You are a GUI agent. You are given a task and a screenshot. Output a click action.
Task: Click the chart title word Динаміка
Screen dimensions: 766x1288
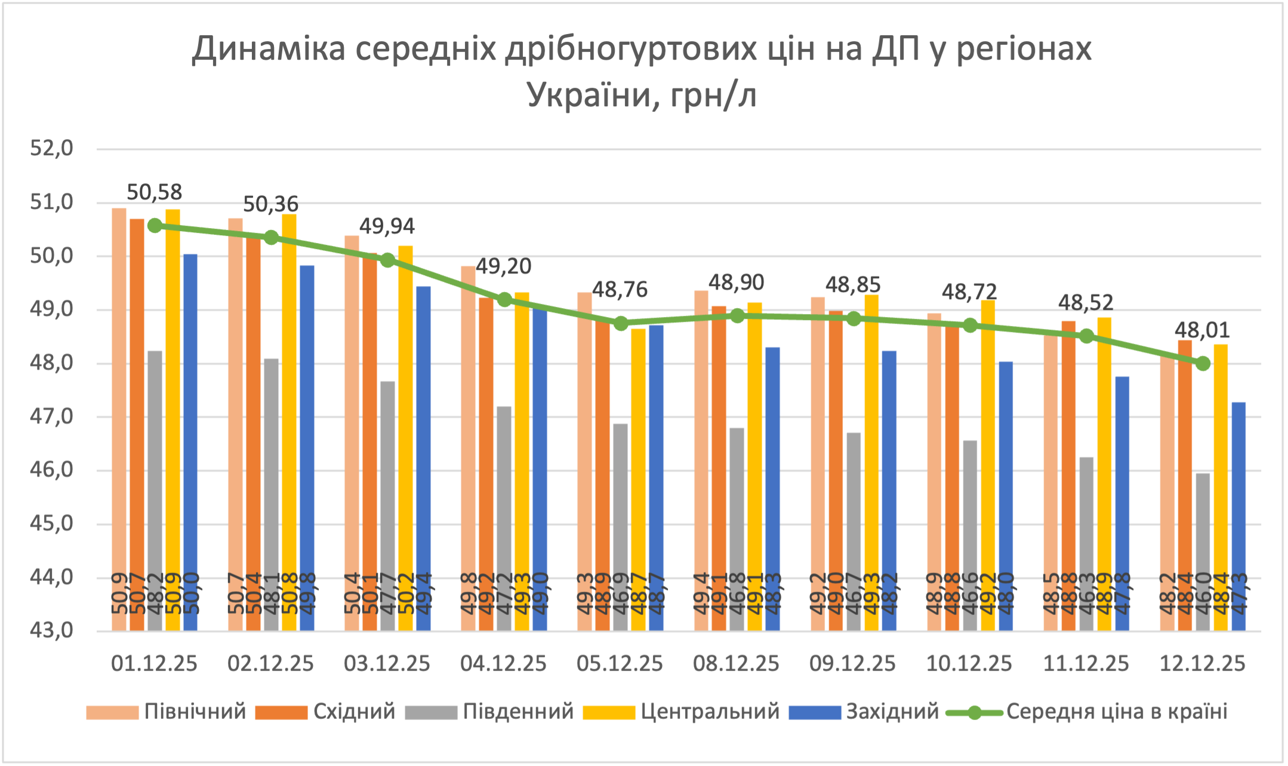tap(268, 49)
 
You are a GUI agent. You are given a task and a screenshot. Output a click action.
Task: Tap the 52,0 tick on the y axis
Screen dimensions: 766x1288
tap(52, 148)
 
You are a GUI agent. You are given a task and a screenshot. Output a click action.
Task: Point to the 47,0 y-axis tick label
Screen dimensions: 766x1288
tap(52, 416)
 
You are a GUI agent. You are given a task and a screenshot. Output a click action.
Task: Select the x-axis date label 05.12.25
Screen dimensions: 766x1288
tap(620, 664)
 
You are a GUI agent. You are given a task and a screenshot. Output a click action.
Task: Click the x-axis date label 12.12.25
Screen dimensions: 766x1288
tap(1202, 664)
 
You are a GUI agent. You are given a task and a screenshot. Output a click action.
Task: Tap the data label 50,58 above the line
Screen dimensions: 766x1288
tap(154, 192)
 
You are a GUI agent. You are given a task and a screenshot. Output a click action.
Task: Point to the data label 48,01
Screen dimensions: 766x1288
tap(1202, 330)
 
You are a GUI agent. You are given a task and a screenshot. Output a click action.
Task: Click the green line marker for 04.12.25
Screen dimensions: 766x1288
tap(504, 300)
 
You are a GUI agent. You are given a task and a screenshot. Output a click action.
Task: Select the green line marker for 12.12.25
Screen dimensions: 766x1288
tap(1203, 364)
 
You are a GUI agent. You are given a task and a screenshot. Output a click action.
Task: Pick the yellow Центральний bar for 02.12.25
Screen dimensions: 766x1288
tap(289, 418)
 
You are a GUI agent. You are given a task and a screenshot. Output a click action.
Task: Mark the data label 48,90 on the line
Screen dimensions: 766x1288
tap(736, 282)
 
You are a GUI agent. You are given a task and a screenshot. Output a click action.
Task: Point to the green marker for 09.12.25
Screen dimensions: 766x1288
tap(853, 319)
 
